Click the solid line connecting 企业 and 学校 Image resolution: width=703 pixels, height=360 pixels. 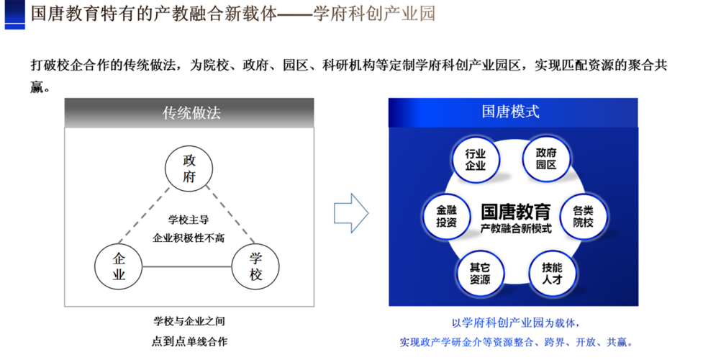pyautogui.click(x=187, y=266)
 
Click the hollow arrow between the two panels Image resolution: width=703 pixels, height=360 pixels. pyautogui.click(x=351, y=213)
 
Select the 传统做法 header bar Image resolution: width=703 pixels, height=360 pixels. pyautogui.click(x=189, y=112)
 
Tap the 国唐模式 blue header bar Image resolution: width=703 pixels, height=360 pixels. pyautogui.click(x=513, y=112)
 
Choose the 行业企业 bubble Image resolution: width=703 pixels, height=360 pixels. pyautogui.click(x=475, y=160)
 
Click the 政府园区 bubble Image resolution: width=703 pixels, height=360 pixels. pyautogui.click(x=546, y=158)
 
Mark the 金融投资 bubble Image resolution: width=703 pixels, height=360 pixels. pyautogui.click(x=447, y=216)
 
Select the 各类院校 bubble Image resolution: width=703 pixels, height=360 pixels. pyautogui.click(x=584, y=216)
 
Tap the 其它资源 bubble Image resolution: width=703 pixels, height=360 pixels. pyautogui.click(x=480, y=274)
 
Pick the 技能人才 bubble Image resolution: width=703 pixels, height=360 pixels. pyautogui.click(x=552, y=274)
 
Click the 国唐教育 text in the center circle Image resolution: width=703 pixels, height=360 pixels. pyautogui.click(x=516, y=212)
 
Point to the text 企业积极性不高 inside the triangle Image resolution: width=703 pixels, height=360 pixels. pyautogui.click(x=189, y=238)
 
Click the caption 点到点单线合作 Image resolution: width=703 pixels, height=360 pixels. pyautogui.click(x=189, y=341)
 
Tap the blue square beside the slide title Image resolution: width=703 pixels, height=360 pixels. pyautogui.click(x=15, y=15)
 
